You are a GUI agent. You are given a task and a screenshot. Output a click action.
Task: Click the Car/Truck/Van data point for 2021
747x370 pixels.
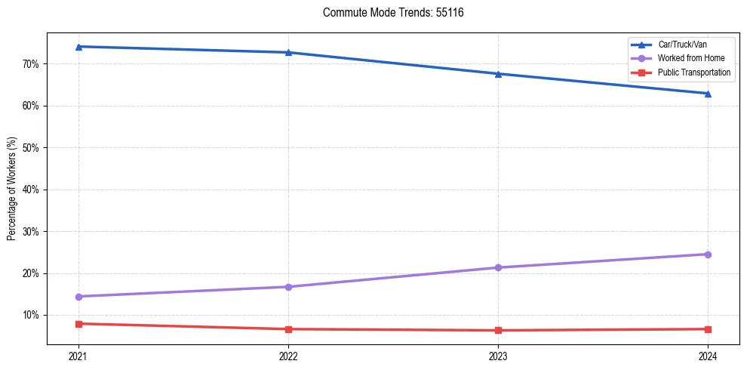click(x=78, y=47)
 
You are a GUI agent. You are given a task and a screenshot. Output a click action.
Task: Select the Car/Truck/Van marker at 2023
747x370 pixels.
click(x=498, y=74)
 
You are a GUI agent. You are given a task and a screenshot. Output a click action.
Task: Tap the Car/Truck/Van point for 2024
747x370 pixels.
click(x=708, y=94)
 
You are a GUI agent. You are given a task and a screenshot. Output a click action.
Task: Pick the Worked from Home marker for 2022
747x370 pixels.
click(x=288, y=287)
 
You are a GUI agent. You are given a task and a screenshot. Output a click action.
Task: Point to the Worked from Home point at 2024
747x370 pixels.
click(x=708, y=254)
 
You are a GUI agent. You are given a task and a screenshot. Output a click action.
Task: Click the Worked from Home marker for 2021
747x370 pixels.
click(x=78, y=297)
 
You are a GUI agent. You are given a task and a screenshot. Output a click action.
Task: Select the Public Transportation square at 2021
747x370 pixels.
click(x=78, y=324)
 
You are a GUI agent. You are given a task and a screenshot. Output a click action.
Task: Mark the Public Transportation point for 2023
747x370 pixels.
click(x=498, y=330)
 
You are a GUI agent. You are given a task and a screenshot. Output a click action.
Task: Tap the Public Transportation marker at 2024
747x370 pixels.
click(x=708, y=329)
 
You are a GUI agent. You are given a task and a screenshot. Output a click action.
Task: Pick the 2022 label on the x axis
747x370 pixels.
click(x=288, y=355)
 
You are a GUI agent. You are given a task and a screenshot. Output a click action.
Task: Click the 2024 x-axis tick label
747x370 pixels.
click(x=708, y=355)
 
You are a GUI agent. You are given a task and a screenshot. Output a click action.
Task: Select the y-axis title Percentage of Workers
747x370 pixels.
click(x=12, y=189)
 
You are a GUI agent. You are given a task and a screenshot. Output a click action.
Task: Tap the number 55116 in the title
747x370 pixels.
click(x=450, y=13)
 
